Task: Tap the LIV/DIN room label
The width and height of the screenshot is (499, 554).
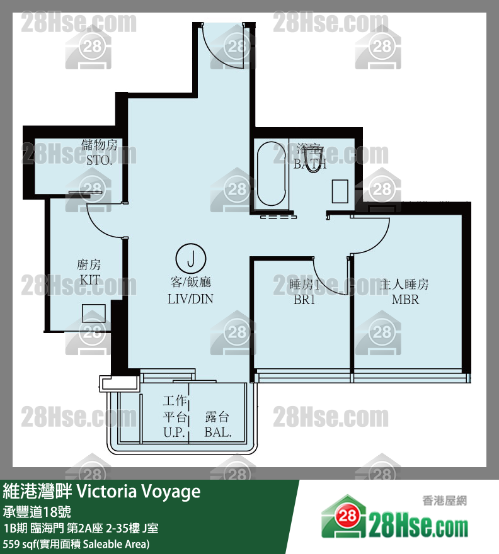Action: pyautogui.click(x=190, y=299)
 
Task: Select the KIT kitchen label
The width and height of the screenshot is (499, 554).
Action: pyautogui.click(x=89, y=280)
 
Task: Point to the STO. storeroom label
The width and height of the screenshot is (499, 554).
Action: pyautogui.click(x=100, y=161)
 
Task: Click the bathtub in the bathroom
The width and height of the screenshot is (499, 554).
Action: pyautogui.click(x=271, y=174)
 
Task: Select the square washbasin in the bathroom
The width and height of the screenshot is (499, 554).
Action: pyautogui.click(x=340, y=191)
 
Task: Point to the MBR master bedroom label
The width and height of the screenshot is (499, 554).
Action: pyautogui.click(x=405, y=300)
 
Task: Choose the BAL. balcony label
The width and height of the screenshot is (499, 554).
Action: pyautogui.click(x=218, y=432)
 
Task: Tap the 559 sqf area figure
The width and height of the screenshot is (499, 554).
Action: pyautogui.click(x=19, y=543)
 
